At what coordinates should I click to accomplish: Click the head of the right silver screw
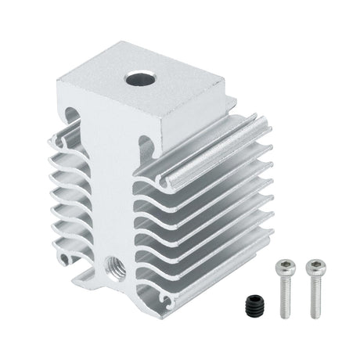click(315, 267)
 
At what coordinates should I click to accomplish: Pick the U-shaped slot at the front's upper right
click(146, 145)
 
